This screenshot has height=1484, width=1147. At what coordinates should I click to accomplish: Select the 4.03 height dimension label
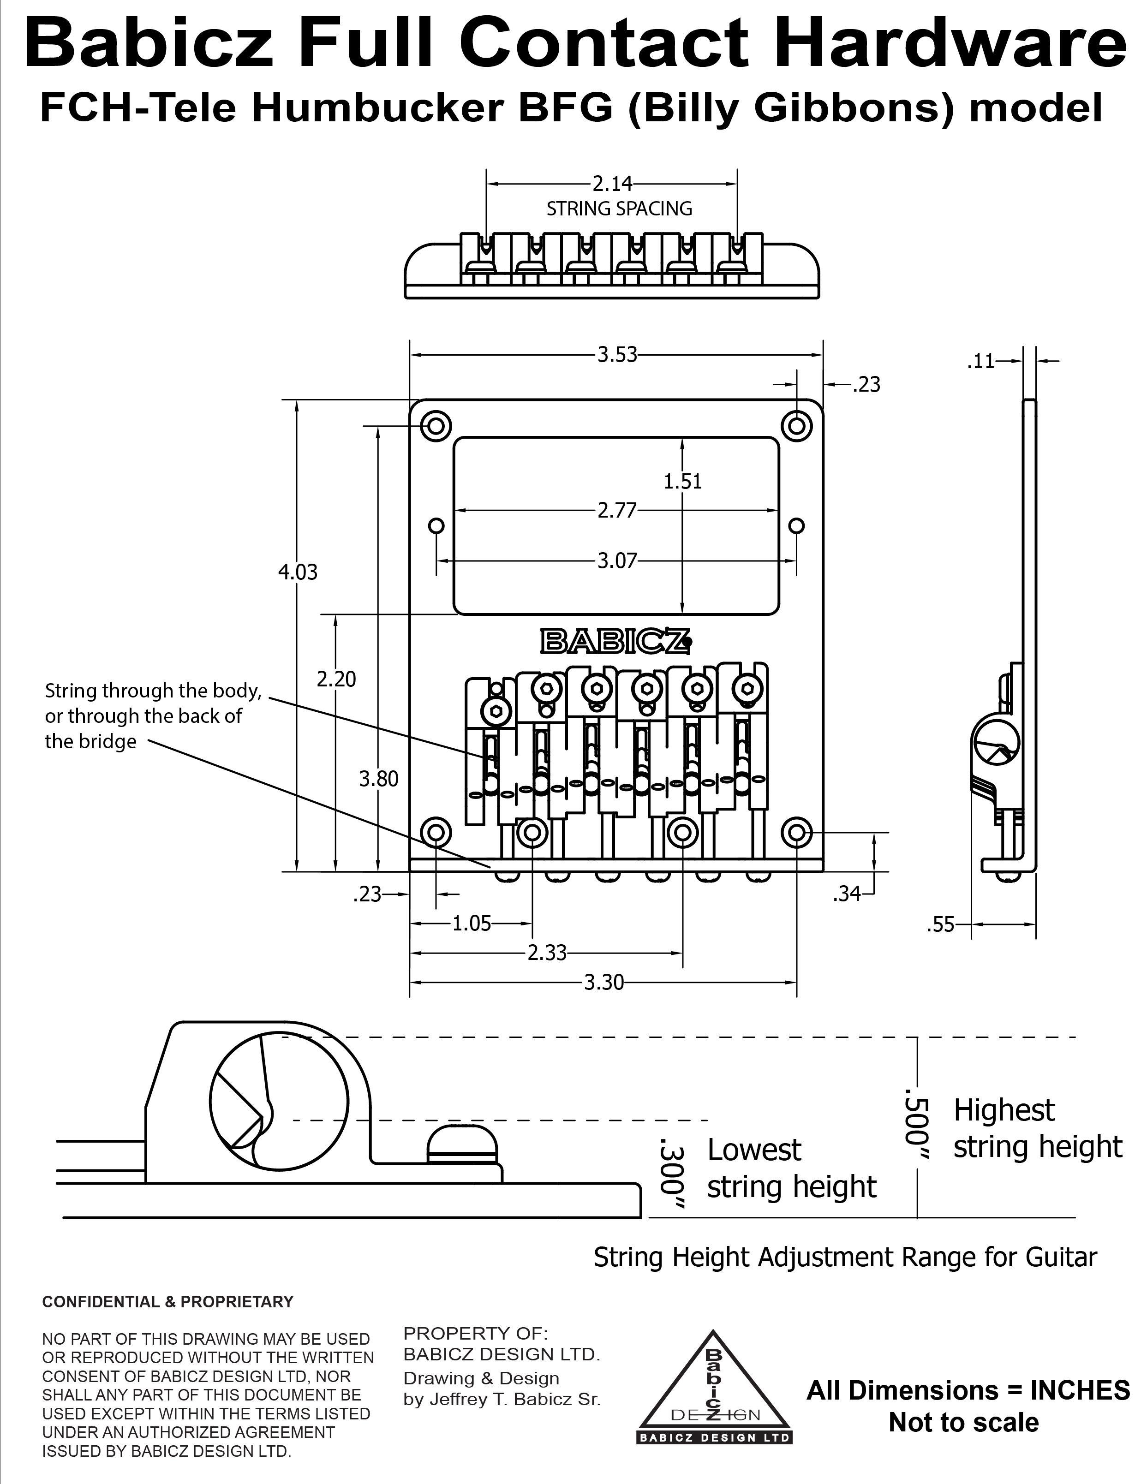(298, 572)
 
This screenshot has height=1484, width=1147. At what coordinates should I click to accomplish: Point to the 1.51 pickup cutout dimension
(682, 481)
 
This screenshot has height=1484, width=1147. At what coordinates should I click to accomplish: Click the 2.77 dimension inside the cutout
(617, 510)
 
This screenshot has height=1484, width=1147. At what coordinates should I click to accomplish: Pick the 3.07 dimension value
(617, 560)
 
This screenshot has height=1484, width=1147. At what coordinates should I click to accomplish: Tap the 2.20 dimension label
(336, 679)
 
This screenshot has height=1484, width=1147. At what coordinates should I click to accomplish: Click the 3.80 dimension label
(378, 779)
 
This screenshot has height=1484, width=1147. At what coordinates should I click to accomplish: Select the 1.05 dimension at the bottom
(472, 924)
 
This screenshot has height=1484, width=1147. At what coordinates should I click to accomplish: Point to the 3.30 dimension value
(604, 983)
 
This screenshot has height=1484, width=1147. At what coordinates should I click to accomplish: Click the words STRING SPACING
(619, 209)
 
